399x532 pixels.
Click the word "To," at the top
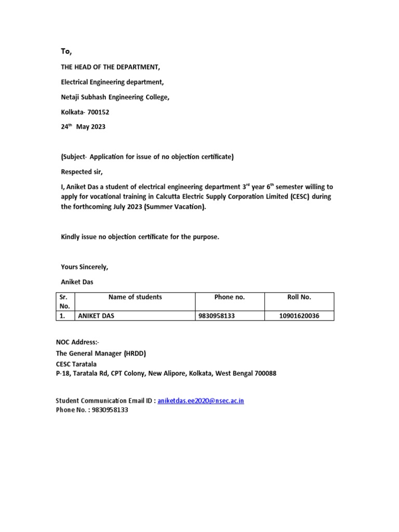[x=66, y=51]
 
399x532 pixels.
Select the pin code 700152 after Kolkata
[x=97, y=112]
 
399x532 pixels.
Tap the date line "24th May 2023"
[x=83, y=127]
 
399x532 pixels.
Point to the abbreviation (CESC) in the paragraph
[x=301, y=197]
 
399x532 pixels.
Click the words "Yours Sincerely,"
[x=84, y=267]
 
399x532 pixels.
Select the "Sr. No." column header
[x=65, y=302]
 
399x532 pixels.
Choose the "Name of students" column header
[x=135, y=297]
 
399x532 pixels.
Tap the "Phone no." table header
[x=229, y=297]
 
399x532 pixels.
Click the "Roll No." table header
[x=299, y=297]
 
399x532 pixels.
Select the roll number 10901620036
[x=299, y=316]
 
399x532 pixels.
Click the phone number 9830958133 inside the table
[x=217, y=316]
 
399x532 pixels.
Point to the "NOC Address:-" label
[x=77, y=342]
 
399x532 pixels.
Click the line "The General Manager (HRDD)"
[x=101, y=353]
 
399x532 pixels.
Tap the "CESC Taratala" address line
[x=77, y=364]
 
